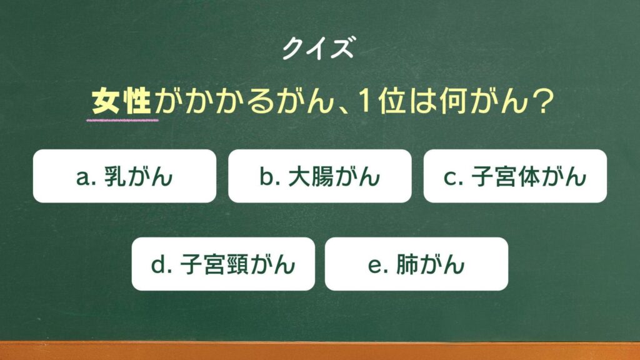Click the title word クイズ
pyautogui.click(x=318, y=47)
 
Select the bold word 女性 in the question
pyautogui.click(x=121, y=102)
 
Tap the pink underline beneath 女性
pyautogui.click(x=122, y=121)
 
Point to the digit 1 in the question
pyautogui.click(x=364, y=101)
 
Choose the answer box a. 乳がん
pyautogui.click(x=124, y=176)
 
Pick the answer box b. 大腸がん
pyautogui.click(x=319, y=176)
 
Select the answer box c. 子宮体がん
pyautogui.click(x=515, y=176)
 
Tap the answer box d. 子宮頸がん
pyautogui.click(x=223, y=264)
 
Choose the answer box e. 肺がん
pyautogui.click(x=416, y=264)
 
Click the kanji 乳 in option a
pyautogui.click(x=116, y=177)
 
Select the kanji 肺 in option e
pyautogui.click(x=407, y=264)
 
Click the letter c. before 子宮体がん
pyautogui.click(x=453, y=178)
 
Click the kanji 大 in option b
pyautogui.click(x=299, y=177)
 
